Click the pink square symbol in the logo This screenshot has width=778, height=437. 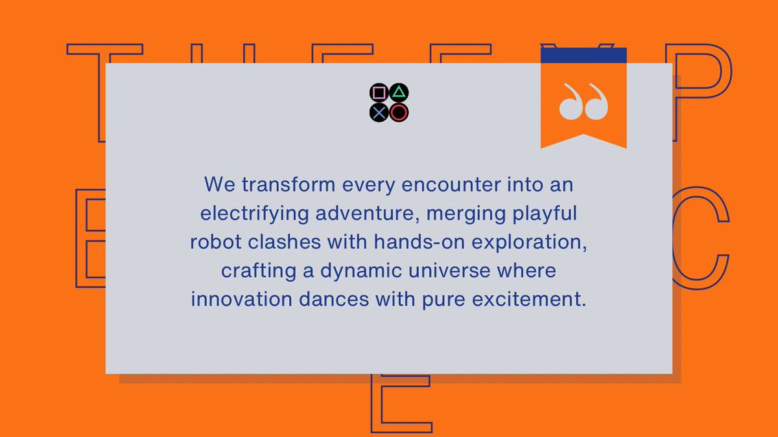click(379, 94)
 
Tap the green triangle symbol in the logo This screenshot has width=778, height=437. click(399, 93)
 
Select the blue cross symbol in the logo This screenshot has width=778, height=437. click(379, 113)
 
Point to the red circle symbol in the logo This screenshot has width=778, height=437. click(399, 113)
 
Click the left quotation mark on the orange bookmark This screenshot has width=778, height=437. click(571, 102)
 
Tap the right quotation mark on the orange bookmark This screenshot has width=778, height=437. click(597, 102)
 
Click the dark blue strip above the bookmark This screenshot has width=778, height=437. click(583, 55)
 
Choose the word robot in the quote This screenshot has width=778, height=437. click(213, 242)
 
